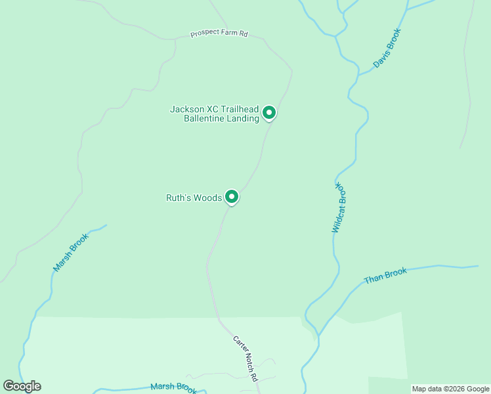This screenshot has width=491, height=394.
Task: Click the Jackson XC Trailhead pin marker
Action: coord(268,113)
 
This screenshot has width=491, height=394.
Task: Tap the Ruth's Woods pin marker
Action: coord(231,196)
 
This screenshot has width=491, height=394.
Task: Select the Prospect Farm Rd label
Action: coord(219,33)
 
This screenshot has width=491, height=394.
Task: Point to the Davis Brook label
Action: coord(387,48)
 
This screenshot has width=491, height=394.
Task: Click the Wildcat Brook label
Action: coord(339,208)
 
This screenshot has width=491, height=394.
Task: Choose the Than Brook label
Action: coord(385,275)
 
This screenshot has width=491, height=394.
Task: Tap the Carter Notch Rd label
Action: coord(245,359)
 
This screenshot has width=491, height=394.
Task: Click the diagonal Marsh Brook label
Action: coord(70,253)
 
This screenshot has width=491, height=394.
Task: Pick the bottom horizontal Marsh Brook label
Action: coord(173,388)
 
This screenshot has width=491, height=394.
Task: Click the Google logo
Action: coord(22,386)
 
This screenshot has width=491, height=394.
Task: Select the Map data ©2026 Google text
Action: coord(450,389)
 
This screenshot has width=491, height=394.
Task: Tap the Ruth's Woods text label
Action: coord(194,197)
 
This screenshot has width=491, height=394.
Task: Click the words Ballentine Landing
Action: coord(222,119)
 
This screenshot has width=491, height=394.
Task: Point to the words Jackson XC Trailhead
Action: coord(215,109)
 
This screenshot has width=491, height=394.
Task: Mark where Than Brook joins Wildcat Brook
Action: coord(319,334)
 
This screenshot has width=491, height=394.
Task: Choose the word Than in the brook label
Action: coord(374,278)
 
